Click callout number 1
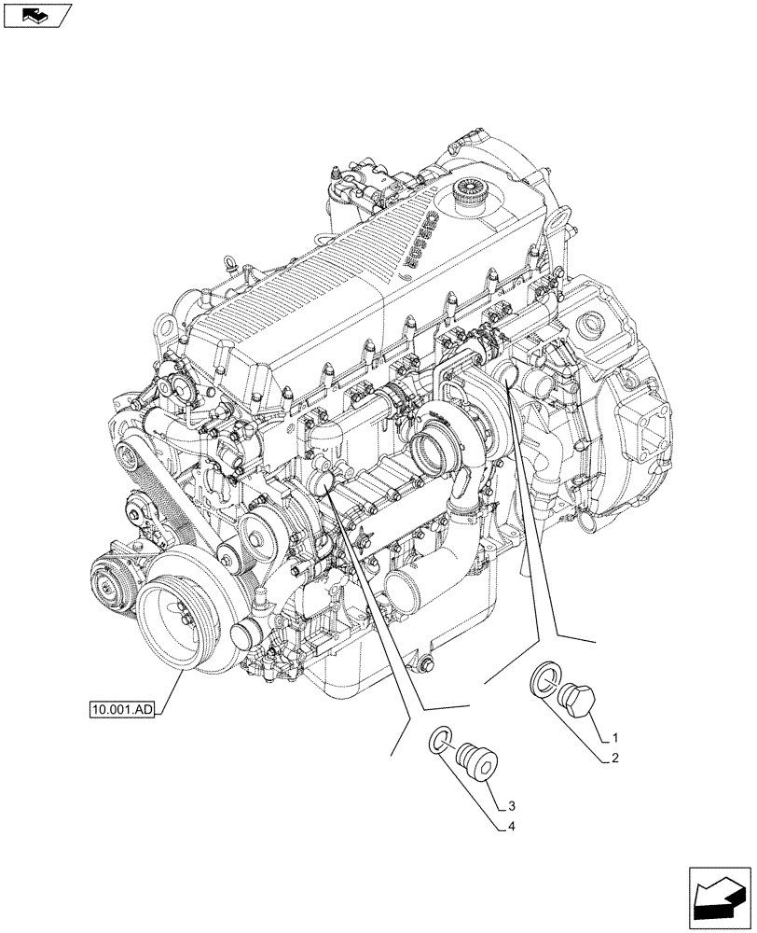click(x=614, y=737)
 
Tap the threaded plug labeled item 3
click(x=482, y=759)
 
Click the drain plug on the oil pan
click(x=427, y=665)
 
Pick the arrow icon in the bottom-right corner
click(x=720, y=898)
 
